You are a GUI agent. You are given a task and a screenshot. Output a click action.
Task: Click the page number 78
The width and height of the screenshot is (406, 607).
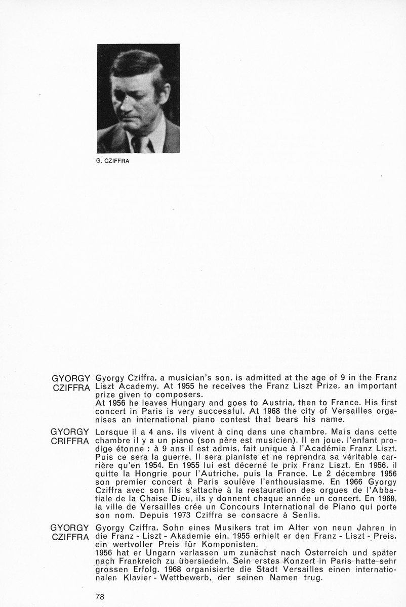pyautogui.click(x=100, y=596)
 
